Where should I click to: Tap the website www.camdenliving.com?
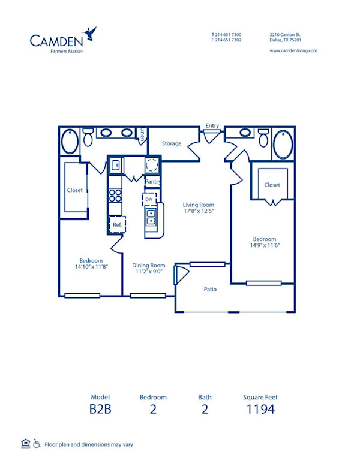tap(293, 51)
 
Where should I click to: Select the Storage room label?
tap(172, 143)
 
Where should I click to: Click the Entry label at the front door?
tap(212, 126)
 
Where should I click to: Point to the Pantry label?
tap(152, 181)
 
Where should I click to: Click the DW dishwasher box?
tap(149, 199)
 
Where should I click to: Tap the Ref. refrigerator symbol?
tap(116, 224)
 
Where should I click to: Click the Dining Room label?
tap(148, 265)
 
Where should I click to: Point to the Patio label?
tap(210, 289)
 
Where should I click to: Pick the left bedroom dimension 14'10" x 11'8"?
tap(91, 267)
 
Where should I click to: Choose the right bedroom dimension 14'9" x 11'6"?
tap(265, 245)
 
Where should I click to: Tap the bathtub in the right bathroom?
tap(283, 145)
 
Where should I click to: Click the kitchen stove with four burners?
tap(115, 196)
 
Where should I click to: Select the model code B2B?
tap(101, 410)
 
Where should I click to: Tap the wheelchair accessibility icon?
tap(37, 444)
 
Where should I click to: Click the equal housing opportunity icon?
tap(25, 444)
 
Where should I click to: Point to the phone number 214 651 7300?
tap(229, 35)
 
